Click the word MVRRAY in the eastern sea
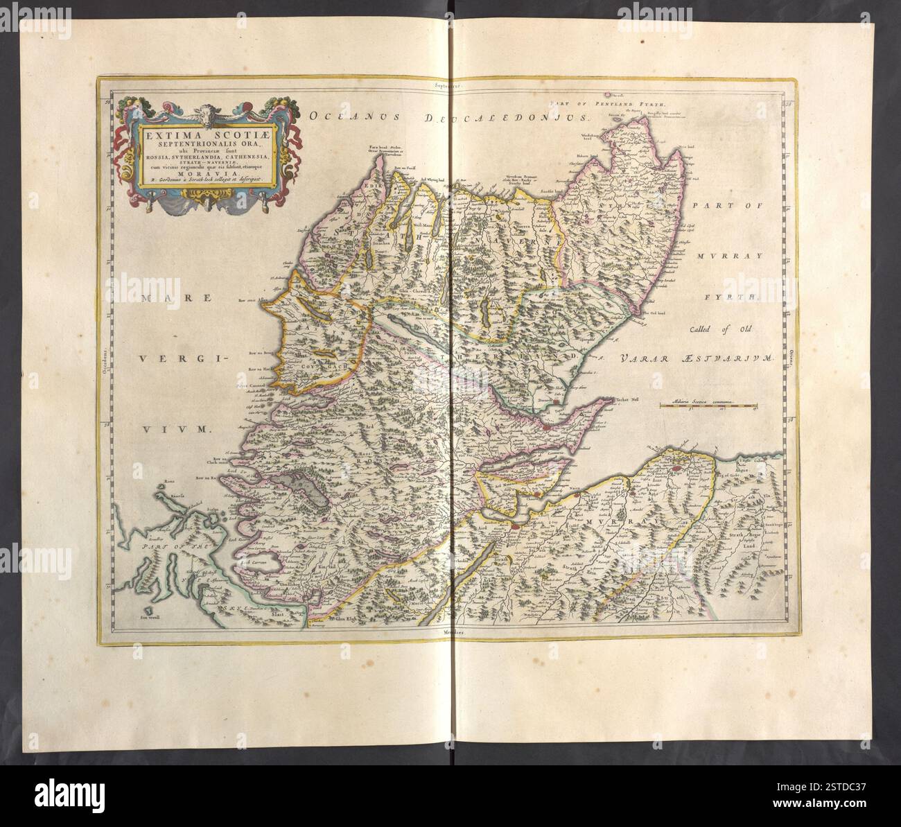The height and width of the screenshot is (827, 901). [729, 256]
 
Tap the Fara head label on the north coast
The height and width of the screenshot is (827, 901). [378, 146]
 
